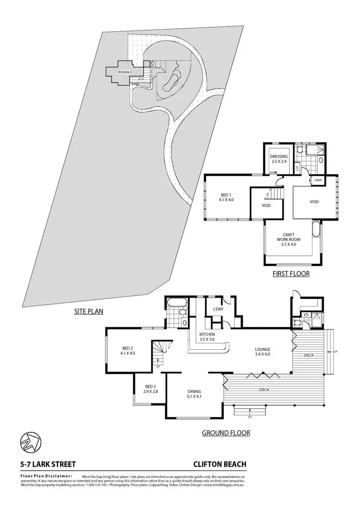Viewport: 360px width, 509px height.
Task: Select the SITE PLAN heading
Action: point(89,311)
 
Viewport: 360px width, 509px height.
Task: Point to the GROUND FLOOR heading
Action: point(226,433)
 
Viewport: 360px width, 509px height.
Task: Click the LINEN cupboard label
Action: point(318,180)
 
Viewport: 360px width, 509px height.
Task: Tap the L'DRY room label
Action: point(218,309)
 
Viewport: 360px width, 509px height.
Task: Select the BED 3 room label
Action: point(150,389)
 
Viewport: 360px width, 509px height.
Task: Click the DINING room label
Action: point(194,394)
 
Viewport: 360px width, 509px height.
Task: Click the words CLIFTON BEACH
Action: point(220,464)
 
